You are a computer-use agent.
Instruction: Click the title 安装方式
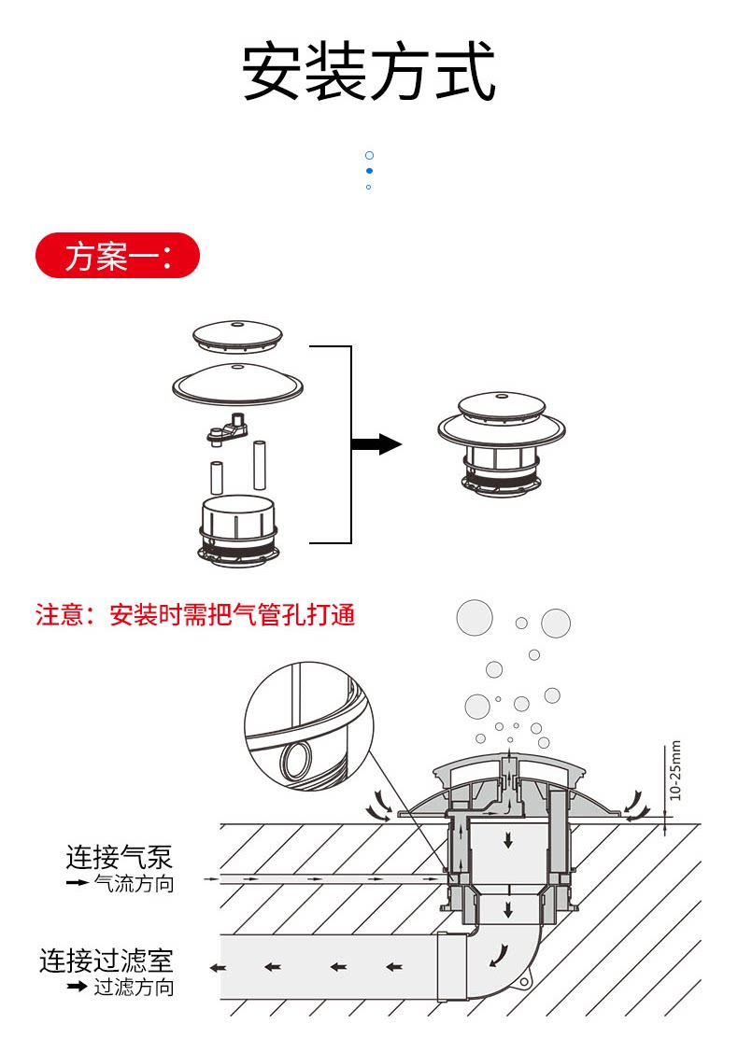pos(369,73)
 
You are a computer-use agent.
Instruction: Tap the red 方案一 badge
pos(118,256)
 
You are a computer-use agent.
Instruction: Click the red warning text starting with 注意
pos(195,615)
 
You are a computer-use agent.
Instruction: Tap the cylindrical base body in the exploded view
pos(239,528)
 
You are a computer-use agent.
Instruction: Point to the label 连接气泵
pos(120,857)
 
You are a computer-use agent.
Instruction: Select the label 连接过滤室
pos(106,961)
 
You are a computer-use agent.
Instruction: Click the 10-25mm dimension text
pos(676,770)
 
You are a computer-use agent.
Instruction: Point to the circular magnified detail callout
pos(308,724)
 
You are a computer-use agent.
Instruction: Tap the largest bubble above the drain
pos(475,617)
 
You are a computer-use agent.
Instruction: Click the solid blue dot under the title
pos(369,171)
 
